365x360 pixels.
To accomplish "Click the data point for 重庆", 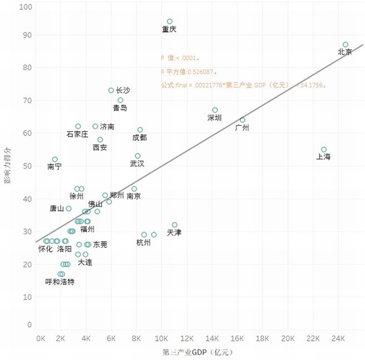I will [x=170, y=21].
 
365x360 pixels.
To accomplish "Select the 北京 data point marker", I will [x=345, y=44].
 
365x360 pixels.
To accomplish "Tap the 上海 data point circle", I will [x=323, y=149].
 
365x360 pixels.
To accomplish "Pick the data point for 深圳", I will [x=215, y=110].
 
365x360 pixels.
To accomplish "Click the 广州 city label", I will [x=242, y=127].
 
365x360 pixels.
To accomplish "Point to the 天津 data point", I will [x=175, y=225].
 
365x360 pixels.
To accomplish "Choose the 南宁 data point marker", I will [x=55, y=160].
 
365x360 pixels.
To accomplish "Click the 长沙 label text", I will [x=122, y=90].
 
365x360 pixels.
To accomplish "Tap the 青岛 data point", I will [x=120, y=100].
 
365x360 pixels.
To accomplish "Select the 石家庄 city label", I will [x=77, y=134].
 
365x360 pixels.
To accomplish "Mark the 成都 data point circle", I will [x=140, y=130].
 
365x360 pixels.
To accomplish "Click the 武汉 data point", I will [x=138, y=156].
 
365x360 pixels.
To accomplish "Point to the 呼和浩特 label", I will [x=60, y=281].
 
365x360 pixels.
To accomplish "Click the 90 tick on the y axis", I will [x=26, y=35].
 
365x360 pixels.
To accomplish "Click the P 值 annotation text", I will [x=180, y=58].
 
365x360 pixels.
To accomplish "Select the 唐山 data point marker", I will [x=69, y=208].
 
